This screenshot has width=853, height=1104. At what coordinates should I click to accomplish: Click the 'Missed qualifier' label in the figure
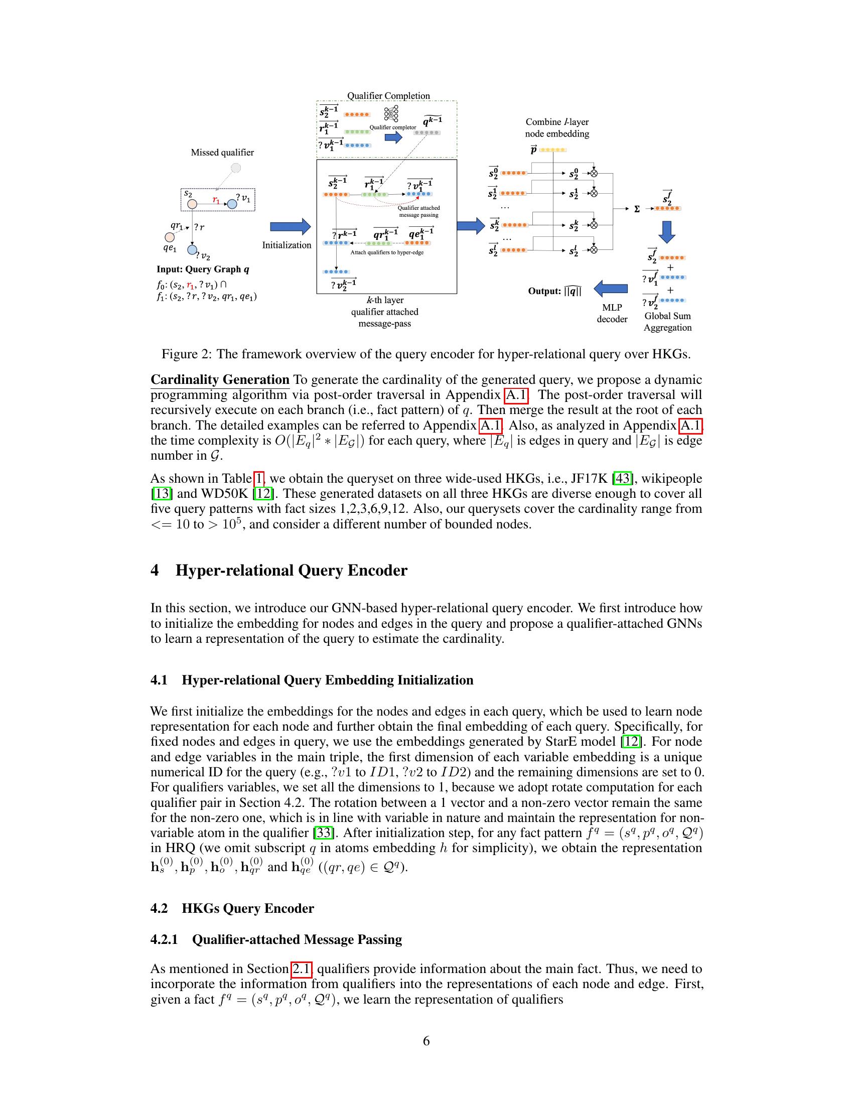pos(222,152)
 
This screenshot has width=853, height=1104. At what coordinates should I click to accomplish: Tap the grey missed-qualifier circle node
pos(235,168)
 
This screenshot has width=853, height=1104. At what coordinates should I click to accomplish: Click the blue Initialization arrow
pos(290,227)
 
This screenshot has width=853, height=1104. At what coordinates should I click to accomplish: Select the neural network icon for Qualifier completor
pos(391,114)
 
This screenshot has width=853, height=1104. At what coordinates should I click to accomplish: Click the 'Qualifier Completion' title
pos(388,95)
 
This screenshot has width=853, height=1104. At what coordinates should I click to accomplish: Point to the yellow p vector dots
pos(553,150)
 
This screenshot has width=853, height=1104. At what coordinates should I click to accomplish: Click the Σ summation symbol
pos(637,209)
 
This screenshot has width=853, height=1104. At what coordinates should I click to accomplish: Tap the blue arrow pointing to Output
pos(611,289)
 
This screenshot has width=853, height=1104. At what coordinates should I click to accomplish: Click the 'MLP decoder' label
pos(612,313)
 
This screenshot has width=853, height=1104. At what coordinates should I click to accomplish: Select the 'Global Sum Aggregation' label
pos(667,322)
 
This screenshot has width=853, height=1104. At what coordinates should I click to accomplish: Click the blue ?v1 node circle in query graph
pos(231,204)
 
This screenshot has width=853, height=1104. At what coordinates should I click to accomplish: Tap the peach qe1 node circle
pos(170,236)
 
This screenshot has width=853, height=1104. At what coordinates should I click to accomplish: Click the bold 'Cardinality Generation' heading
pos(220,380)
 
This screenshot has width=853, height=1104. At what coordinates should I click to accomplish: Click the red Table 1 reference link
pos(259,478)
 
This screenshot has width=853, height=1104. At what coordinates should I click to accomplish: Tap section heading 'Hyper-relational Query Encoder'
pos(291,570)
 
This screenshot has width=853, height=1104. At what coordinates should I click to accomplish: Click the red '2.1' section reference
pos(301,969)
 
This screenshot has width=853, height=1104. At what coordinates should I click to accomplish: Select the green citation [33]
pos(323,833)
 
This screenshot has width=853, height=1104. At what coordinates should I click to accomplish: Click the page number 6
pos(426,1041)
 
